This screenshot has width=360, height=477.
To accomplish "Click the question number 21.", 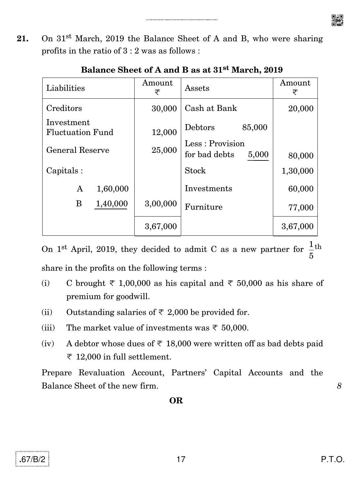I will [23, 39].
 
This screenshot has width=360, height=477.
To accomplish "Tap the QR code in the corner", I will [337, 20].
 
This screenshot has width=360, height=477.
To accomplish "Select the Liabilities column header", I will [65, 88].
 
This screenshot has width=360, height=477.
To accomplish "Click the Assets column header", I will [197, 88].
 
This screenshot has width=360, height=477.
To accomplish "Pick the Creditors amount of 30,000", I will [164, 109].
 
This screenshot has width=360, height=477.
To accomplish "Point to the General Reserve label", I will [78, 150].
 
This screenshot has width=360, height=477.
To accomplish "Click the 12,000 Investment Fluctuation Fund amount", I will [164, 132].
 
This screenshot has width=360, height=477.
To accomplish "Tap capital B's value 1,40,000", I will [111, 204].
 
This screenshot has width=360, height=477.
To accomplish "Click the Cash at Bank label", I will [211, 108].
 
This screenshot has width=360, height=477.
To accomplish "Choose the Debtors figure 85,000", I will [254, 127].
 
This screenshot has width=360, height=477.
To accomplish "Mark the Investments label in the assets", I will [208, 188].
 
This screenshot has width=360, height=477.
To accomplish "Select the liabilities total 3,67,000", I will [161, 226].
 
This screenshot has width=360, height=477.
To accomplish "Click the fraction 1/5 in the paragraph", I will [311, 250].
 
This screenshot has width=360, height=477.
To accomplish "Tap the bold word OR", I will [176, 400].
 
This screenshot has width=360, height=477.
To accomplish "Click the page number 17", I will [181, 459].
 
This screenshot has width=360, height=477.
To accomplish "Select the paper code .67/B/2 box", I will [32, 459].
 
